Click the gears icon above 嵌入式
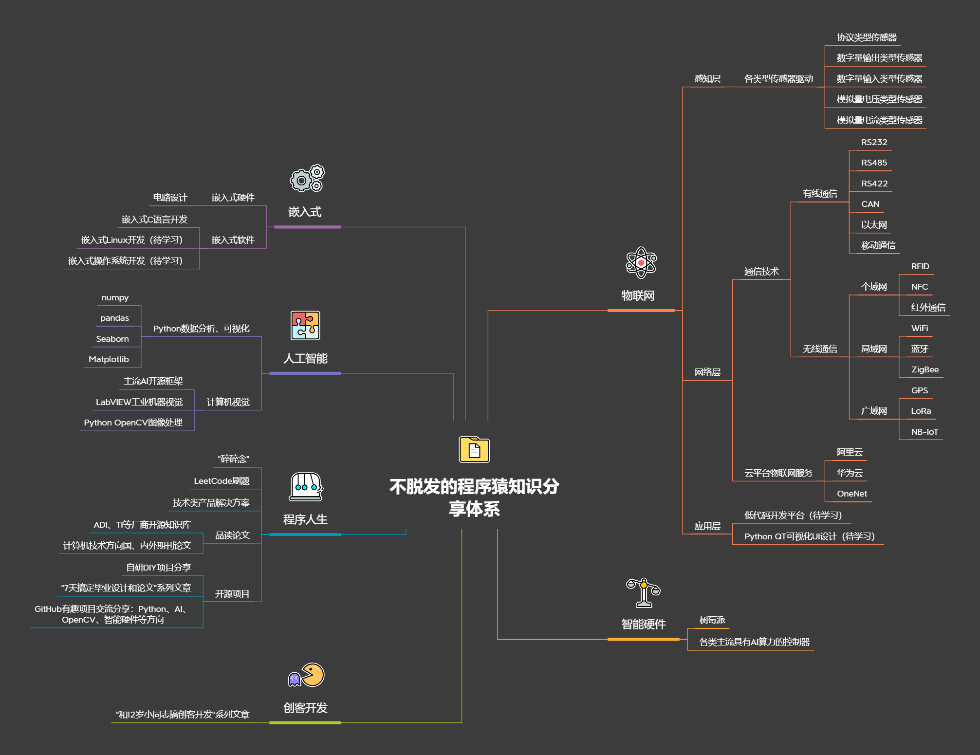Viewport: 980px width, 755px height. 307,179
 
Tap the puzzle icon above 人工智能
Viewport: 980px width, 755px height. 305,325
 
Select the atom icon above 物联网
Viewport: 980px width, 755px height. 641,262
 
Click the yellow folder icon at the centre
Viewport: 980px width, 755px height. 474,449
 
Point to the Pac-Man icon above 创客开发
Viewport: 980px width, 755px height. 307,675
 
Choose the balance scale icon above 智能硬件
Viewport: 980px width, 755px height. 643,592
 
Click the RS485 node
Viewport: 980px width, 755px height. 874,163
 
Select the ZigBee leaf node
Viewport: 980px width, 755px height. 925,369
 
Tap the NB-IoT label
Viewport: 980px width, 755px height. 924,432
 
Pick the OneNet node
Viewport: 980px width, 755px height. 851,494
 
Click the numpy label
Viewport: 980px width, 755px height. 115,297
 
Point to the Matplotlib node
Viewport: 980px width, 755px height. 109,359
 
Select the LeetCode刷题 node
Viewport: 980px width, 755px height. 222,481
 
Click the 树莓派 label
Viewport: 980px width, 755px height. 712,620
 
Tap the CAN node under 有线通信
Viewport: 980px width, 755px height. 870,204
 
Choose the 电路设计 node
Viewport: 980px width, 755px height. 170,197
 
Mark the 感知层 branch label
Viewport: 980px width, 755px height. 707,79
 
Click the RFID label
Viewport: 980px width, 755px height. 920,266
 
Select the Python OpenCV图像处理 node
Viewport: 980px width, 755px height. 133,423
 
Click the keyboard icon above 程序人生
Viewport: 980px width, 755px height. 306,486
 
